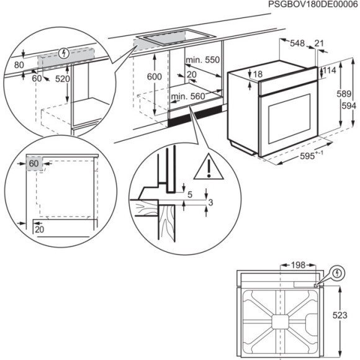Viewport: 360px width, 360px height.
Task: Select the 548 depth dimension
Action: (298, 43)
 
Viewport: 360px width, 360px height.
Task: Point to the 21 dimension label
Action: (319, 43)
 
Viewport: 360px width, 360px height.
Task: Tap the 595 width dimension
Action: (305, 156)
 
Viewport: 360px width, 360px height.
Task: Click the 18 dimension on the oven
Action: (258, 74)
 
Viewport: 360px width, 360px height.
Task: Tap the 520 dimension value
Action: (62, 79)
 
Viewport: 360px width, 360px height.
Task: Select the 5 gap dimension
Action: (190, 195)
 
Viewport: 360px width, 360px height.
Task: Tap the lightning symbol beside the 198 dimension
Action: (336, 272)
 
